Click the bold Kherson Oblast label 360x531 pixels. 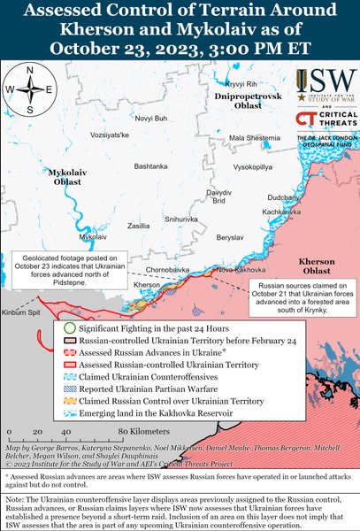point(322,267)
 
